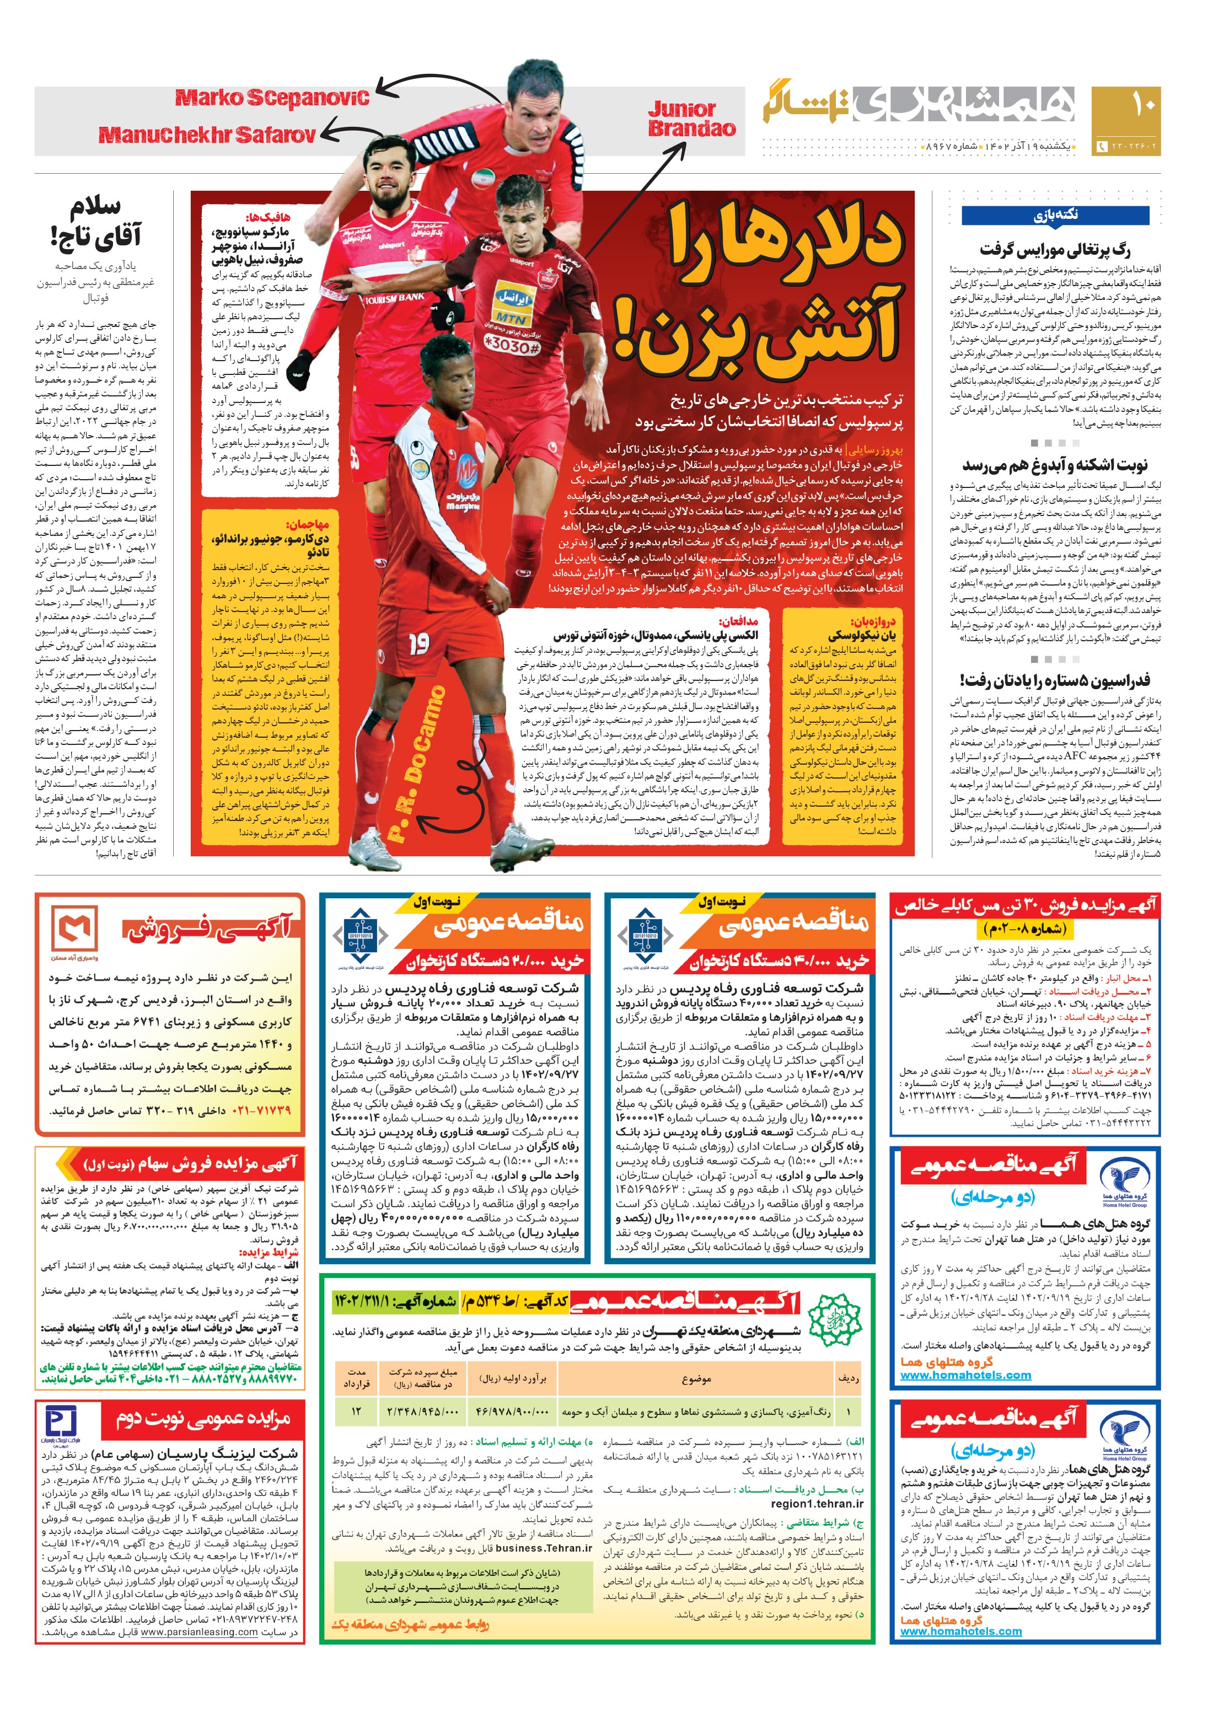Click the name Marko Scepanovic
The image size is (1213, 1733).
272,98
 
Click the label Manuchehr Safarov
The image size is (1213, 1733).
207,135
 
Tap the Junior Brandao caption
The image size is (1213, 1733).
691,119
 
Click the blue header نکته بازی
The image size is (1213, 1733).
1055,215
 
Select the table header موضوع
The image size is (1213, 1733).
695,1378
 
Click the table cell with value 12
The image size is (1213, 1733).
356,1410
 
